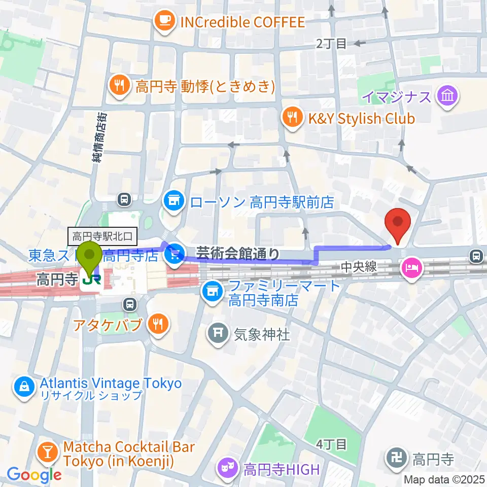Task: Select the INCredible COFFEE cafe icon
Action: (163, 22)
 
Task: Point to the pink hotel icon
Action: (411, 268)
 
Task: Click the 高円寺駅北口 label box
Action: (102, 235)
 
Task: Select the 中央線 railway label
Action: (358, 267)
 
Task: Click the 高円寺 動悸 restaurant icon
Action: (120, 86)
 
